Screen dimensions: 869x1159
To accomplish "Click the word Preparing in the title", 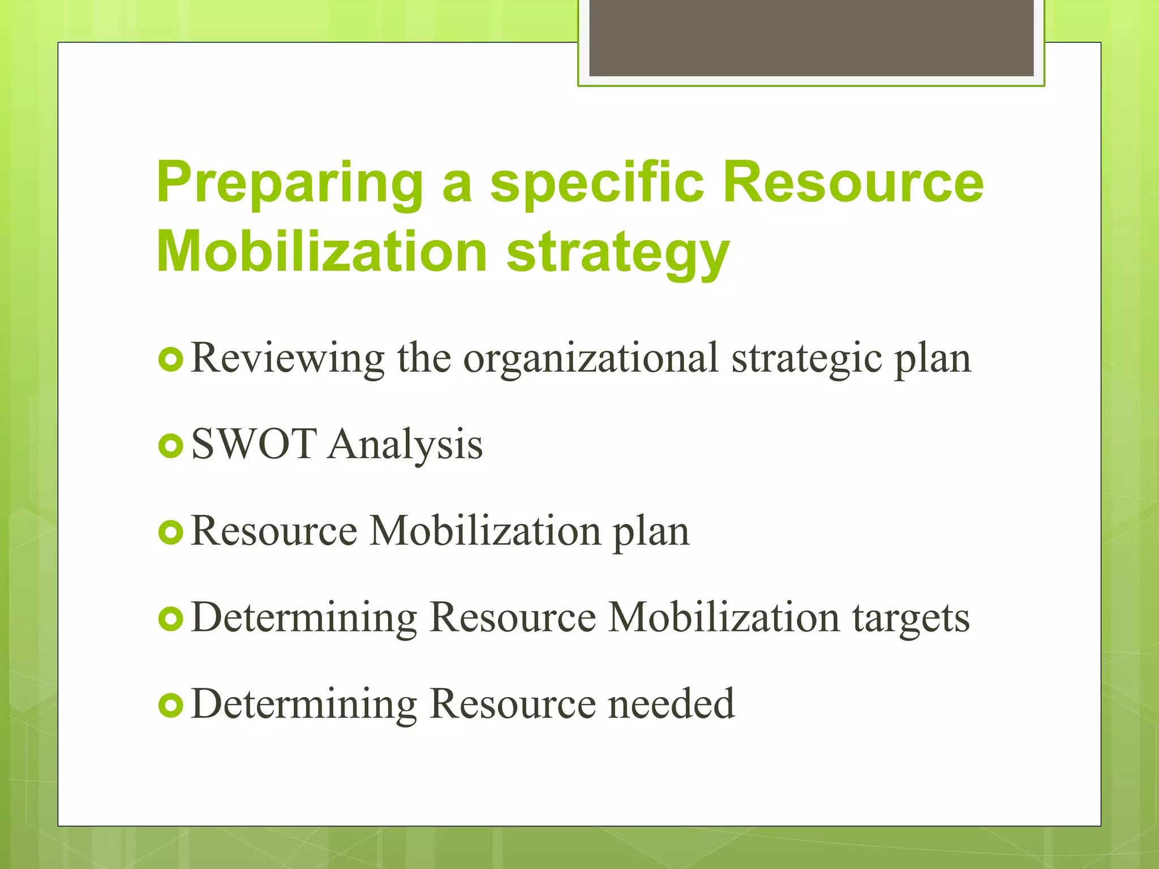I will tap(289, 184).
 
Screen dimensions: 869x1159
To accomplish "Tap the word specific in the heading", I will tap(596, 184).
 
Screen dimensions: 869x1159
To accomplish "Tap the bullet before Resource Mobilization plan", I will tap(170, 532).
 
